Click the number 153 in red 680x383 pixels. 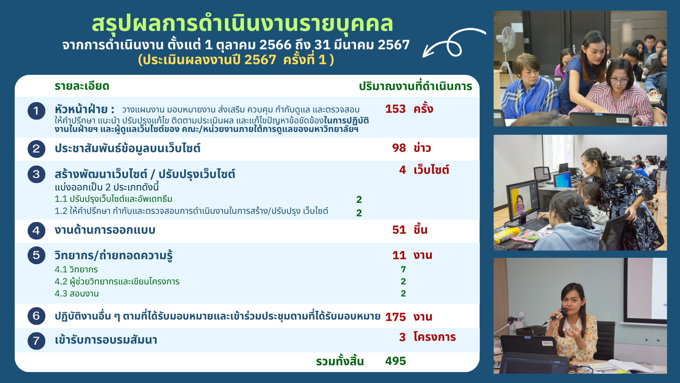click(x=395, y=109)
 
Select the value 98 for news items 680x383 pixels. click(x=399, y=148)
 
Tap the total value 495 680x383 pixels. click(x=395, y=361)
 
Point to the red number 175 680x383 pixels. click(x=395, y=317)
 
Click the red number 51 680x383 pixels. click(x=399, y=230)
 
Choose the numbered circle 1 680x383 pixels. click(x=36, y=111)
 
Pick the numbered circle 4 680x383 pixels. click(x=36, y=231)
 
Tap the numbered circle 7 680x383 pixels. click(x=36, y=341)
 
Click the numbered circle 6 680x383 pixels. click(x=36, y=316)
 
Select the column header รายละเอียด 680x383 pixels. click(x=82, y=86)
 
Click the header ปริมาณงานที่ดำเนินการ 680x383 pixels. click(x=415, y=86)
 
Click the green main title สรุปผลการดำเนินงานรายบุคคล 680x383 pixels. click(x=242, y=24)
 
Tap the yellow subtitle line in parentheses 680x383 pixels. click(x=236, y=60)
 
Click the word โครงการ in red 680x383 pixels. click(x=435, y=337)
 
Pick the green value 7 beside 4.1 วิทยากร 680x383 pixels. click(x=403, y=270)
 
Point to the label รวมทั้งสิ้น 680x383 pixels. click(x=340, y=361)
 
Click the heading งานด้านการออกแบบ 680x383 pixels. click(x=105, y=230)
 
